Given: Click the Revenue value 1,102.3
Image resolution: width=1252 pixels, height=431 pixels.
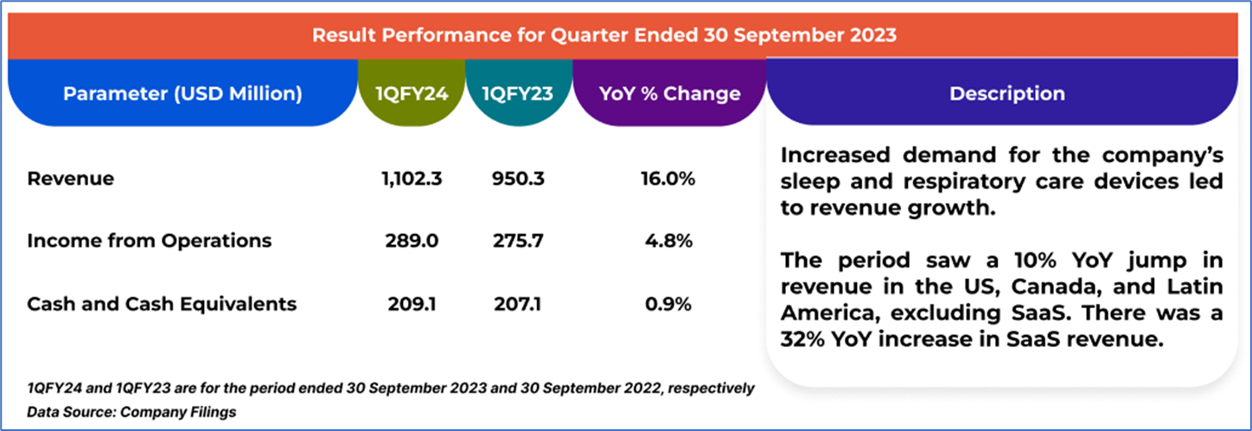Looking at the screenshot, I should [412, 179].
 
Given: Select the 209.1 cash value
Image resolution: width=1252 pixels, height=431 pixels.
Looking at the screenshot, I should [412, 304].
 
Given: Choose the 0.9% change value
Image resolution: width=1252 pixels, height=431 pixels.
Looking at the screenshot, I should [670, 304].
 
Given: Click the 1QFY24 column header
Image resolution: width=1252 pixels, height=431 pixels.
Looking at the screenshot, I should [412, 93].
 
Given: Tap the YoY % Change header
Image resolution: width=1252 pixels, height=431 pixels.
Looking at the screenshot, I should [670, 93].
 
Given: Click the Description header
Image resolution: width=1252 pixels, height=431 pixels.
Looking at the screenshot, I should [1007, 93].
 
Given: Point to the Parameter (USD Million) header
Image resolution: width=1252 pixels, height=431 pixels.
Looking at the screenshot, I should [182, 93].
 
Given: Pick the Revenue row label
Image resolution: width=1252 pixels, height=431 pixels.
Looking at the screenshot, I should [71, 179].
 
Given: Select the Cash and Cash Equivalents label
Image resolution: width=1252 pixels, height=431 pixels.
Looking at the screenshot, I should [162, 304].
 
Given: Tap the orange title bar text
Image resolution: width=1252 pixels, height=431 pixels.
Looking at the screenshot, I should [604, 35].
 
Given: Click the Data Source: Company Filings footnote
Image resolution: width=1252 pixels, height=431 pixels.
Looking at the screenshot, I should [131, 412].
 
